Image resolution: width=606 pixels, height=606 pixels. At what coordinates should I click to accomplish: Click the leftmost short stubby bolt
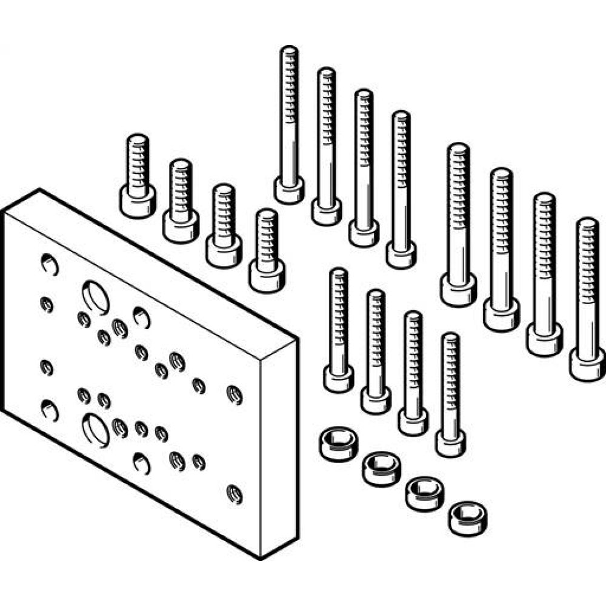[138, 176]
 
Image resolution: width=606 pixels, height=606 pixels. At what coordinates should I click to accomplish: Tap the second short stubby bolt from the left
[181, 202]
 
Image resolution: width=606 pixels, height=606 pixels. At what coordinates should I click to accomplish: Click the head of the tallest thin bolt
[289, 190]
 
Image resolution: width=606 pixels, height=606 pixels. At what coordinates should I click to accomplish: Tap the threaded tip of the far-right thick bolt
[587, 227]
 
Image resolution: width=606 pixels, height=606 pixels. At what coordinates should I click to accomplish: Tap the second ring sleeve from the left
[381, 468]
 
